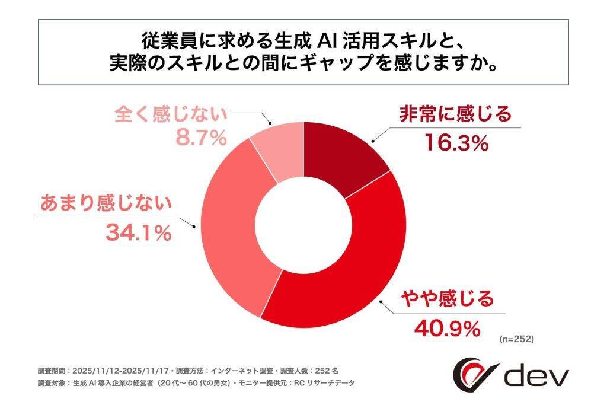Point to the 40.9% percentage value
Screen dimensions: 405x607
tap(445, 328)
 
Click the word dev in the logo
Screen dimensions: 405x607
tap(536, 375)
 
